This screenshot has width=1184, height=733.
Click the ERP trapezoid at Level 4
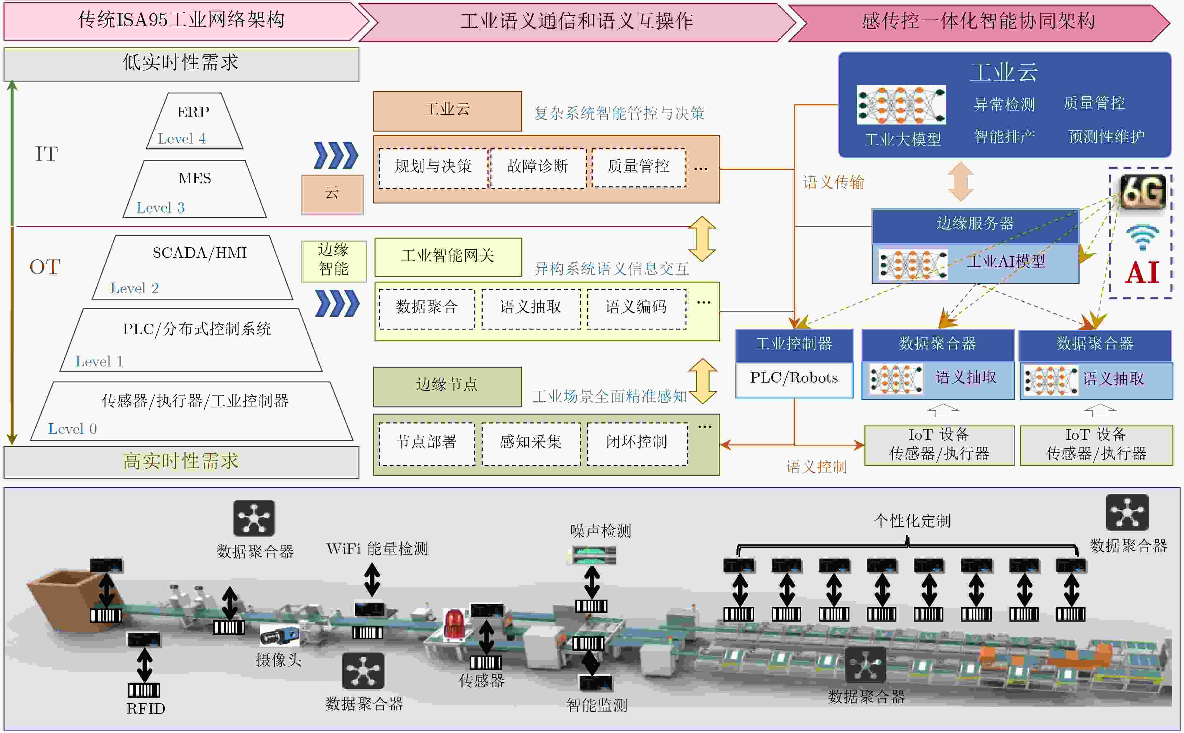coord(194,121)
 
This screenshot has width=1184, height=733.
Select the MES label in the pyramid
coord(194,178)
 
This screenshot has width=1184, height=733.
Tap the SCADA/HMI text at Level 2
coord(200,253)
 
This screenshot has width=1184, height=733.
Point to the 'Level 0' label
coord(72,429)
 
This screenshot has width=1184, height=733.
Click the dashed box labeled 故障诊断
coord(538,168)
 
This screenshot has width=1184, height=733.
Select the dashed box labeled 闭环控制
coord(637,444)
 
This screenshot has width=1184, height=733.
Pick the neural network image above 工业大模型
coord(901,105)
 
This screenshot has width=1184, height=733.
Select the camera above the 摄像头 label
coord(279,635)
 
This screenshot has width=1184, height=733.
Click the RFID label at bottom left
coord(146,709)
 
